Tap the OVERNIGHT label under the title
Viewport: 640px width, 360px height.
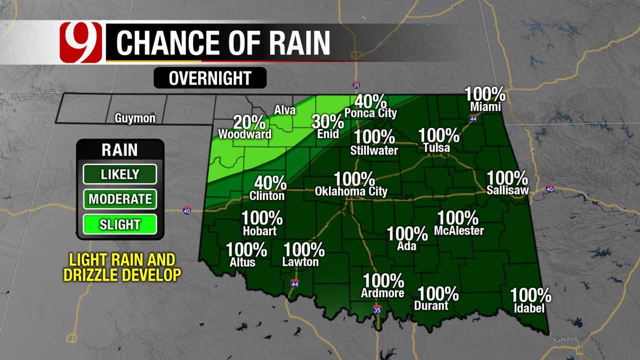(210, 78)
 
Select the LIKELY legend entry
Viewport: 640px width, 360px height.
(120, 174)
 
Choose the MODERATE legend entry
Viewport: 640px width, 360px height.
(120, 199)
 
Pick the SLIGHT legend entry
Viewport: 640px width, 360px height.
(120, 224)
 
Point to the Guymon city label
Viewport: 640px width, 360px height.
(135, 118)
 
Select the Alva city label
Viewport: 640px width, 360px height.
(285, 110)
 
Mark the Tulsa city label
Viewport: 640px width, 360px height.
(436, 148)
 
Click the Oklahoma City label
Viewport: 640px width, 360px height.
(351, 191)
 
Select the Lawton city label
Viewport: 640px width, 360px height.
(300, 262)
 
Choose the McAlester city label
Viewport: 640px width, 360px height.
(459, 230)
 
